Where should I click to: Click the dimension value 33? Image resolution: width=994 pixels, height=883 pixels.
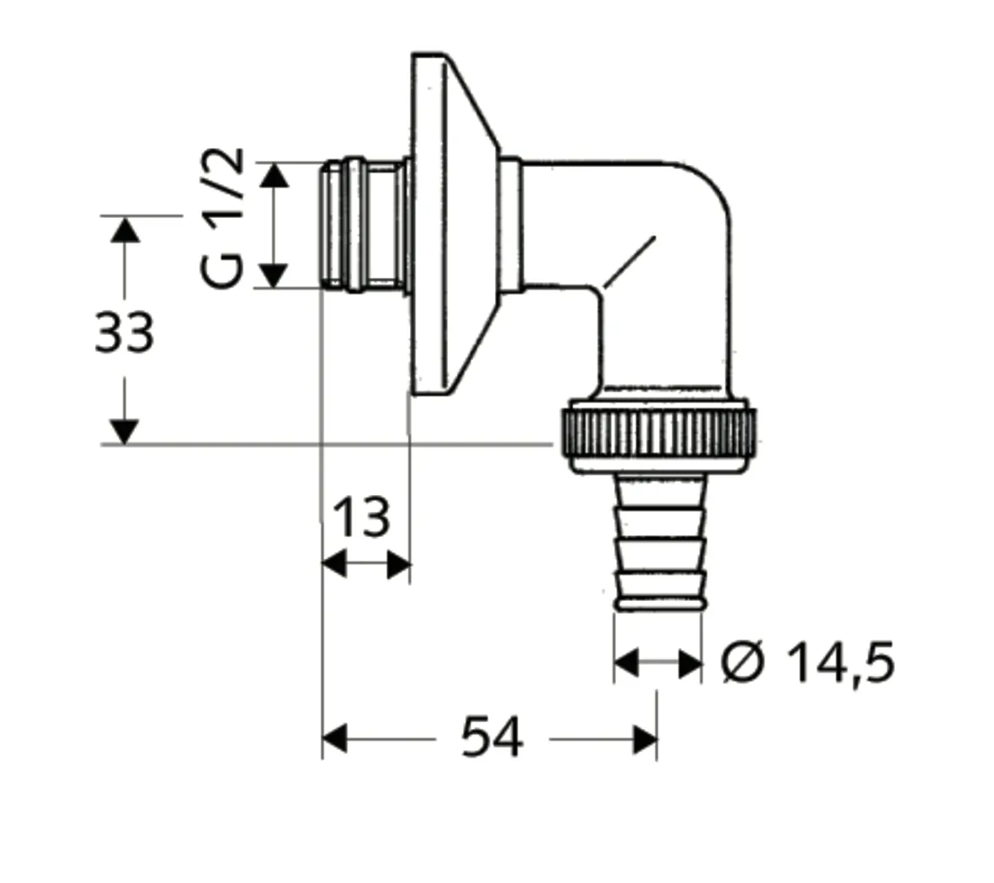pos(124,332)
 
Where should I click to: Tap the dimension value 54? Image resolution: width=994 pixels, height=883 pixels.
pos(492,738)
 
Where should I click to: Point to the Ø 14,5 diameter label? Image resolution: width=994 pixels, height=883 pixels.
pos(807,662)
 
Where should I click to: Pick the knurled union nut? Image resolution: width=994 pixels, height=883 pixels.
pos(656,434)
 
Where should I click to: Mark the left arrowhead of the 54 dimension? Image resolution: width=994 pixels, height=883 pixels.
pos(335,739)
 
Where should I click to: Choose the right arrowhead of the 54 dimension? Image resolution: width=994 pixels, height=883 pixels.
pos(646,739)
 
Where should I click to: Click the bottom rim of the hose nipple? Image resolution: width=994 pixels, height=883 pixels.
pos(657,603)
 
